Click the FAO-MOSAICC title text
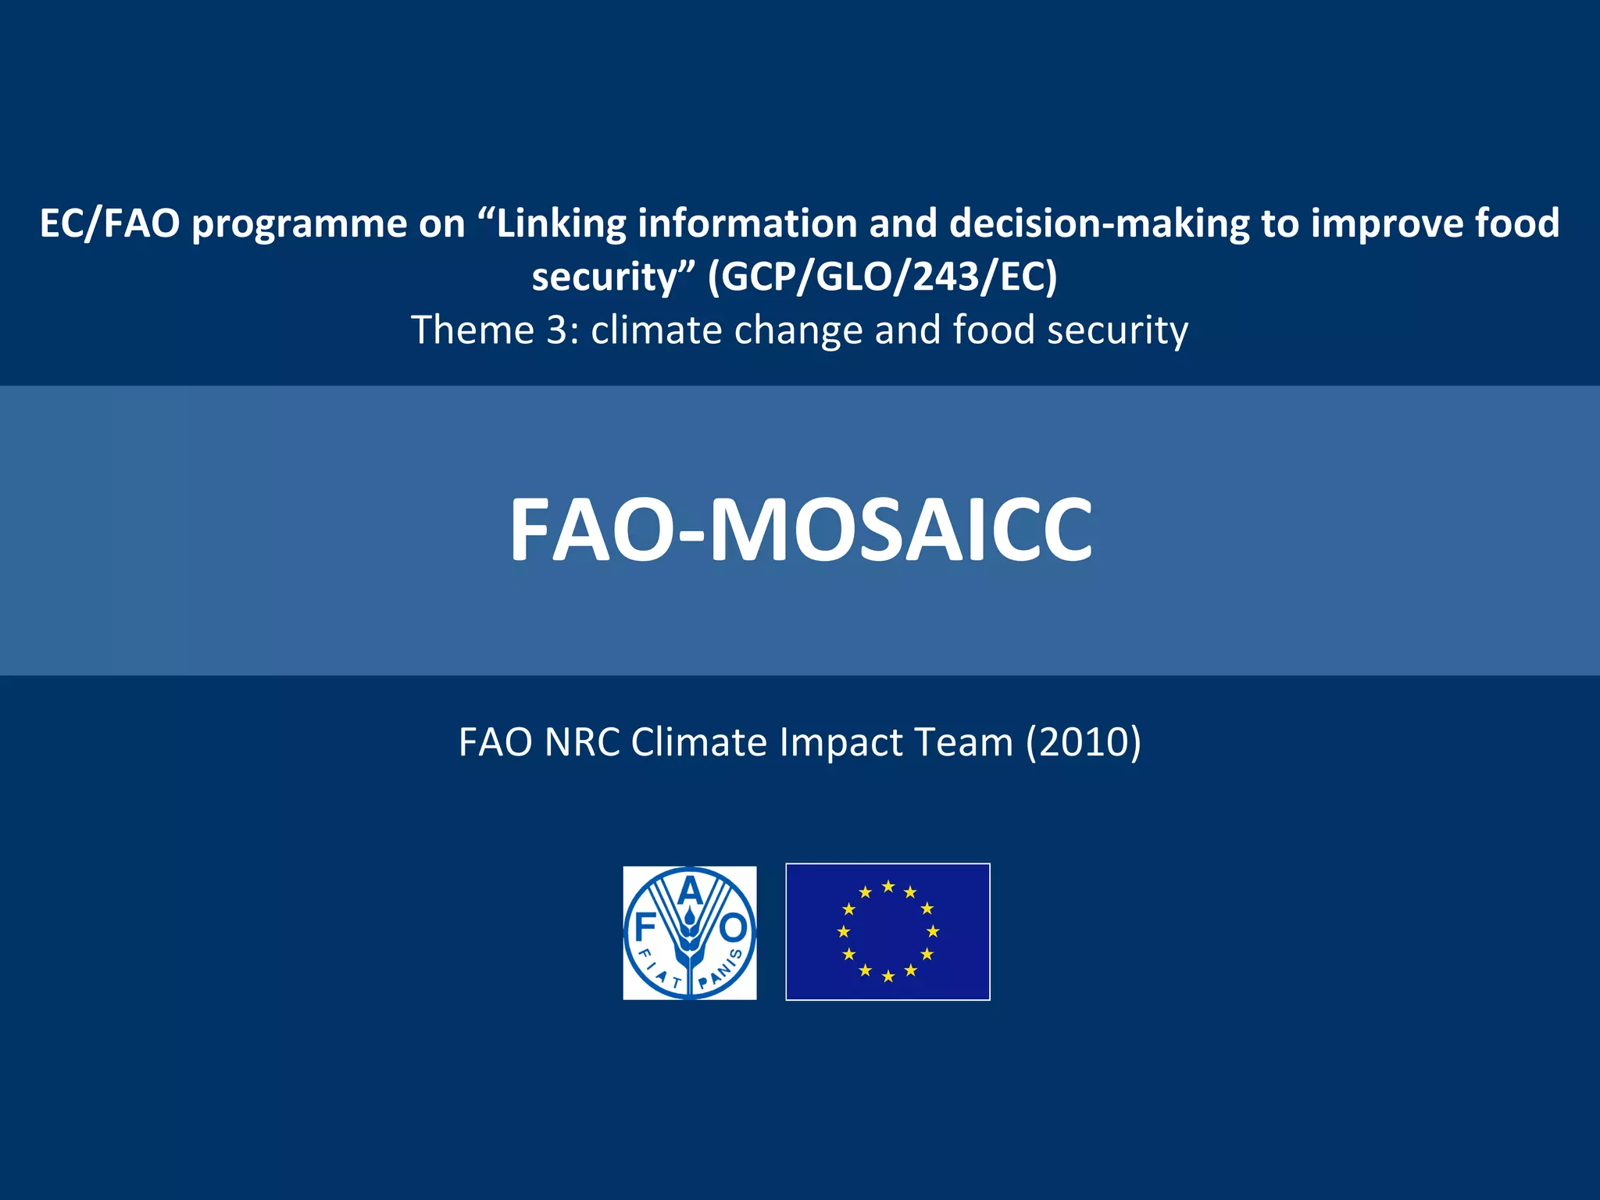tap(800, 530)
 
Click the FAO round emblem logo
tap(689, 932)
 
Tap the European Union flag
tap(887, 931)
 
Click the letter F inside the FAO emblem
tap(645, 929)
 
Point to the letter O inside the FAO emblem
tap(734, 929)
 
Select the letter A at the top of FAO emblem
tap(689, 891)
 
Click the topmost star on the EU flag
tap(888, 886)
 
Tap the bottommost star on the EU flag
tap(888, 977)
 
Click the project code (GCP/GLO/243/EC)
tap(882, 277)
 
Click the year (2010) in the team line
tap(1083, 741)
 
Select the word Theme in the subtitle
tap(473, 330)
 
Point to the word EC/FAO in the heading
tap(110, 223)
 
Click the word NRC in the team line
tap(582, 741)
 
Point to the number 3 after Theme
tap(557, 330)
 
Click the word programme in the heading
tap(299, 223)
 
